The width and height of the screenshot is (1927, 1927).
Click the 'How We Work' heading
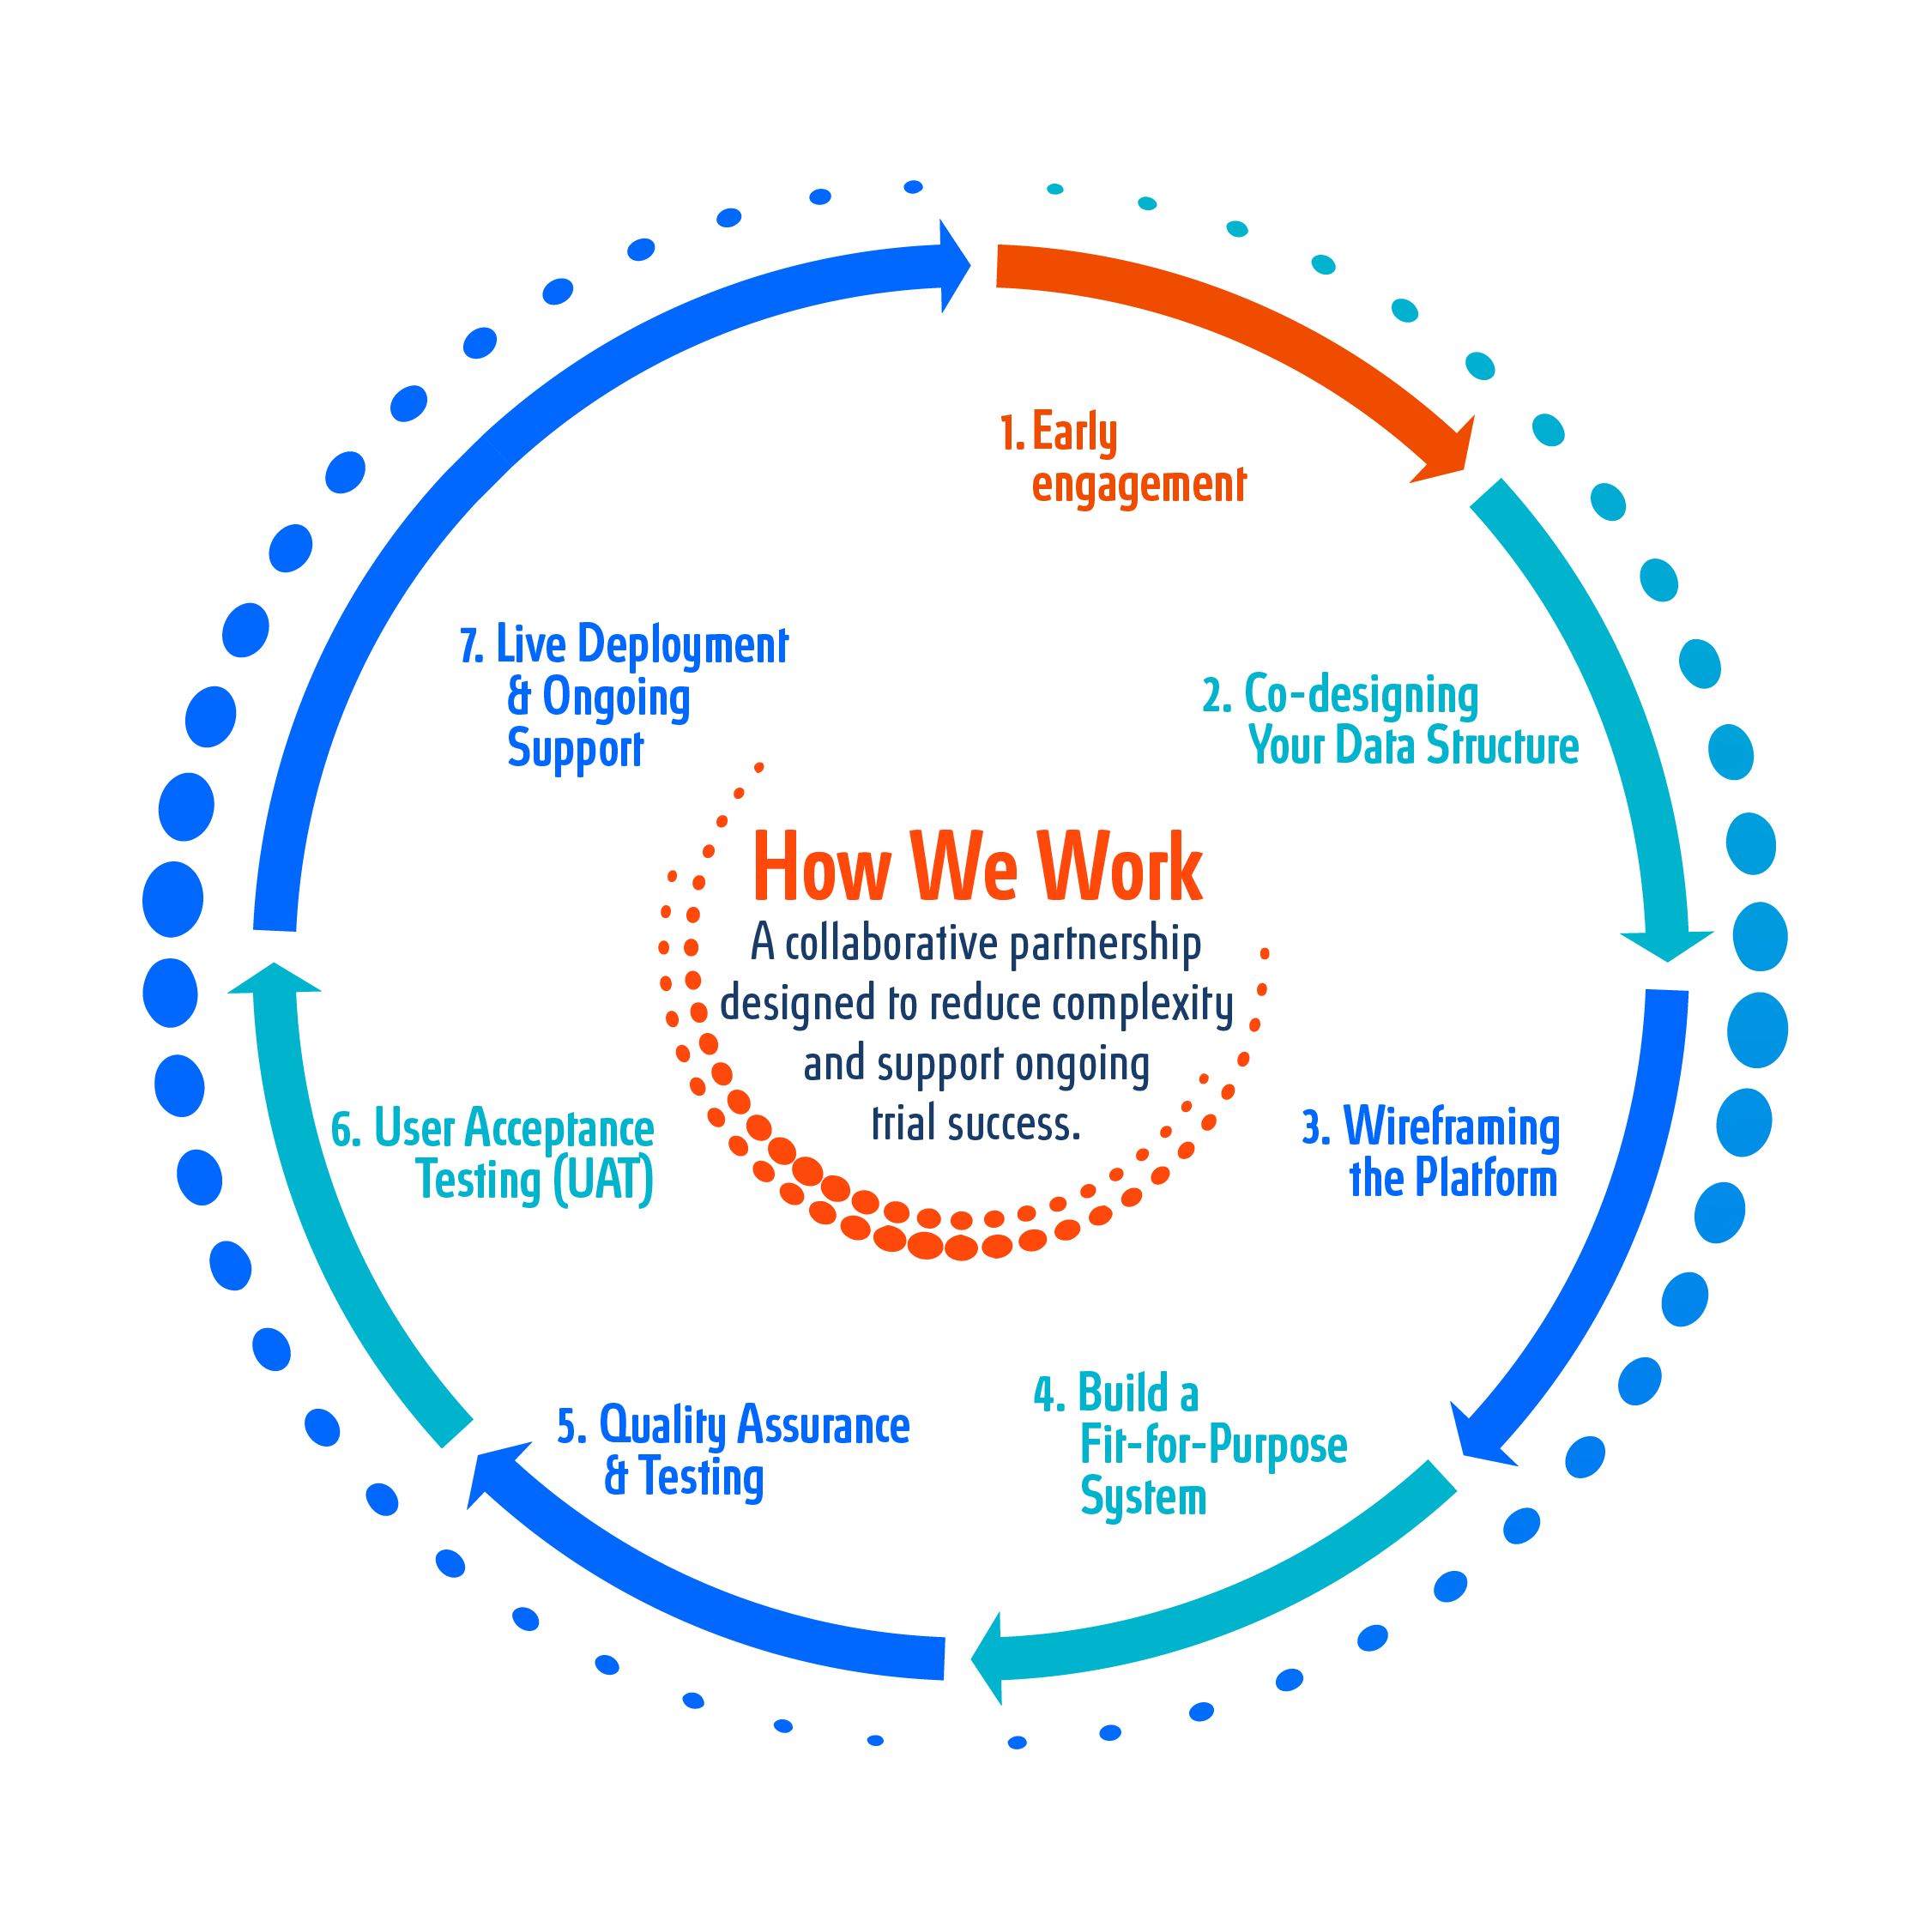tap(976, 867)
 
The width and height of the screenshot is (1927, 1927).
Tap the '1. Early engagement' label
tap(1123, 459)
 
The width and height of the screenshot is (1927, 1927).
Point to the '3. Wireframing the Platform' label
tap(1430, 1152)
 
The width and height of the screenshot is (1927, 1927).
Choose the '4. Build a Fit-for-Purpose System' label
tap(1191, 1444)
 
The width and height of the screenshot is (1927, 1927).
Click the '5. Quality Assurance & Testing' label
tap(733, 1451)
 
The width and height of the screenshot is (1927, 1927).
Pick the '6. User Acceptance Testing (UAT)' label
tap(492, 1154)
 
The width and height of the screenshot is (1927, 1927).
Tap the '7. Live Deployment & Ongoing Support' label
tap(625, 696)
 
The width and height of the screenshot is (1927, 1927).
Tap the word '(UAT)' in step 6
tap(602, 1180)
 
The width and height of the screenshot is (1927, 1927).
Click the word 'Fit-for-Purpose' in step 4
tap(1213, 1445)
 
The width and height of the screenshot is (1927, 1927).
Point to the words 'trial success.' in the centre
tap(976, 1124)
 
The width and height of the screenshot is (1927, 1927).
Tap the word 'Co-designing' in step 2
tap(1361, 694)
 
